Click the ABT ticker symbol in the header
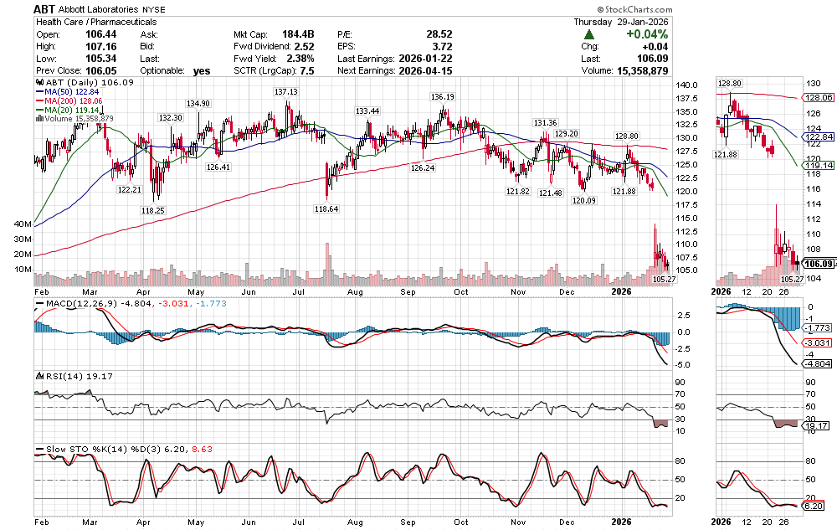tap(45, 8)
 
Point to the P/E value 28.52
tap(439, 34)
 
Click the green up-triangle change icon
tap(589, 34)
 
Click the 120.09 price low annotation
tap(583, 200)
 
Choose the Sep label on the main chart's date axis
tap(408, 291)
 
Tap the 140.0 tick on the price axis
tap(688, 85)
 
